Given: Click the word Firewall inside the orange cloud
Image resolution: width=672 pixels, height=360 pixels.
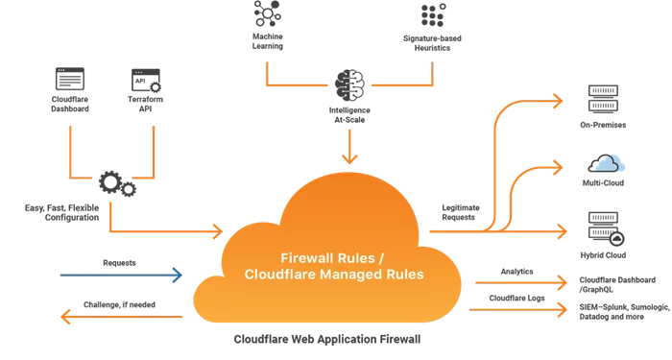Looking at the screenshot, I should click(x=303, y=259).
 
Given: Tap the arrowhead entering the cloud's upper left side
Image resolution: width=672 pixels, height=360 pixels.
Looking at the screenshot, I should click(x=216, y=231).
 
